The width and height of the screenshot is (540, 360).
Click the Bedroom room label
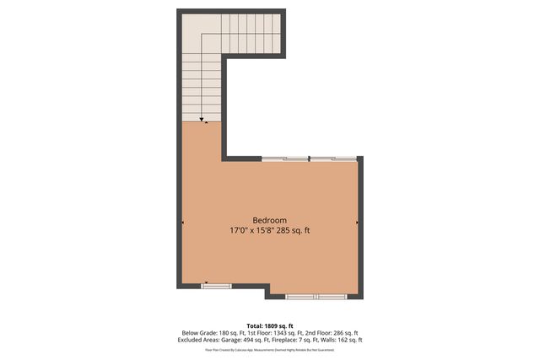[270, 219]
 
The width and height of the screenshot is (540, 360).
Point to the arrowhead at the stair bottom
[203, 121]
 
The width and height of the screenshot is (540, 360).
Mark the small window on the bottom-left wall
[216, 287]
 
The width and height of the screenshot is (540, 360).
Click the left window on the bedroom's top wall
[285, 158]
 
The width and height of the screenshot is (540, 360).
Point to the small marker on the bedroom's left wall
[182, 223]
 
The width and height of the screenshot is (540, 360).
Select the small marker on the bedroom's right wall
[358, 223]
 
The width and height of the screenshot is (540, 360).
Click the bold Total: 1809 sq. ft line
[270, 325]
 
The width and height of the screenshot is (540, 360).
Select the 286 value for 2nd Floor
[335, 333]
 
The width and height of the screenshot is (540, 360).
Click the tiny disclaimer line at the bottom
[270, 349]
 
